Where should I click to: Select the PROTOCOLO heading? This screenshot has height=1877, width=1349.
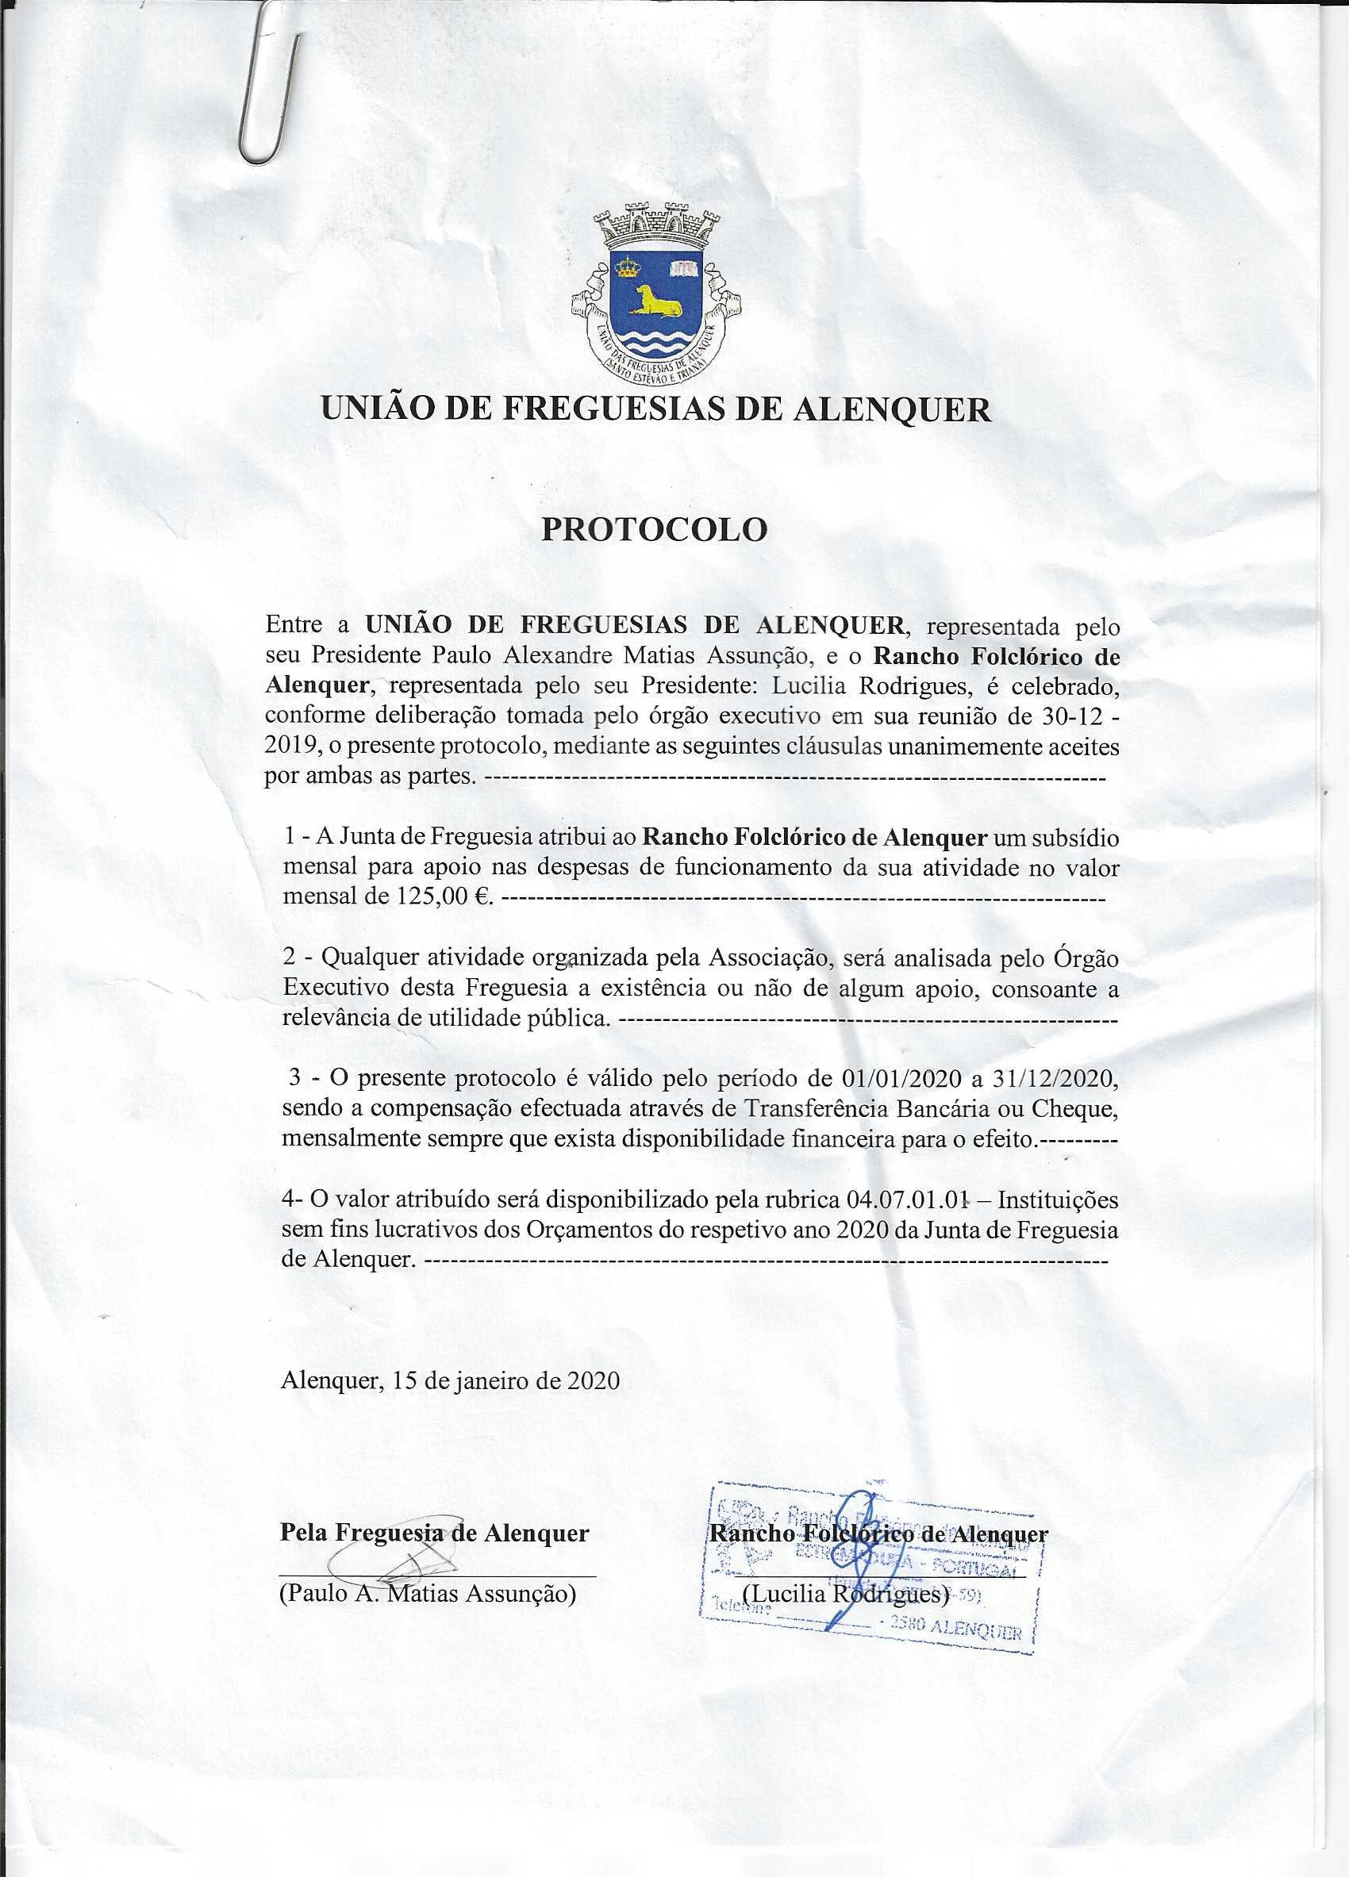point(654,531)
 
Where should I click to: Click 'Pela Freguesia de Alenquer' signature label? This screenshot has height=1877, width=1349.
point(436,1533)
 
